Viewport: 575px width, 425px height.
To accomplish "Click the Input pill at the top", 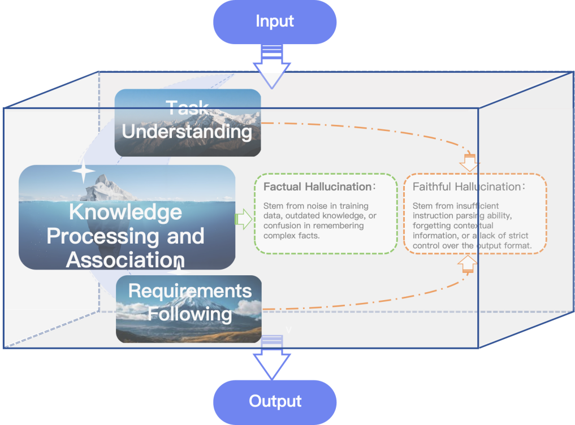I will click(275, 22).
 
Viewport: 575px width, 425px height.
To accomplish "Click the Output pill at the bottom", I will click(275, 402).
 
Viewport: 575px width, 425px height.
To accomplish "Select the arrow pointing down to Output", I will click(272, 359).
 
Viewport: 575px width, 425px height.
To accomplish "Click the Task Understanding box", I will click(188, 122).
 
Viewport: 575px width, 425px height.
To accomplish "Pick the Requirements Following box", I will click(189, 309).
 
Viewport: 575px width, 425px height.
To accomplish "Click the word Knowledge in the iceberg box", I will click(126, 212).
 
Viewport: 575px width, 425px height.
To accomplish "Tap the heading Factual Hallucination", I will click(314, 187).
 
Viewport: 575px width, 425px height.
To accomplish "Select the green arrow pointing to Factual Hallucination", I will click(243, 219).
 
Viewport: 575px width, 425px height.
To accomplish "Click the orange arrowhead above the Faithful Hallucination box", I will click(469, 163).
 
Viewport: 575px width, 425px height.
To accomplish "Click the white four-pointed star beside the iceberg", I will click(83, 172).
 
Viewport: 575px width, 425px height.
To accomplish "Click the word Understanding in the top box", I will click(187, 132).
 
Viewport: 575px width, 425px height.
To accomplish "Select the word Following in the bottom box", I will click(190, 314).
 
